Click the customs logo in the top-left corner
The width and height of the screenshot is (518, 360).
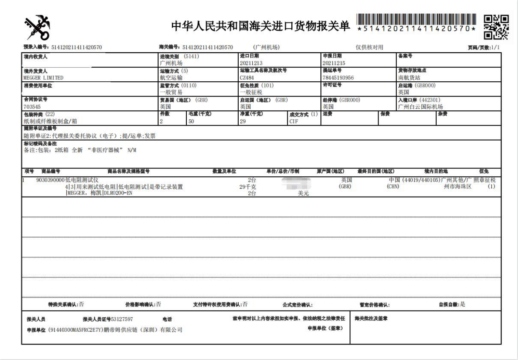click(x=37, y=27)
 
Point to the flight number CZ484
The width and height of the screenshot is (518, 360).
click(x=248, y=78)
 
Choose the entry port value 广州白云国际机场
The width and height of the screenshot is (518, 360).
click(x=420, y=106)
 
